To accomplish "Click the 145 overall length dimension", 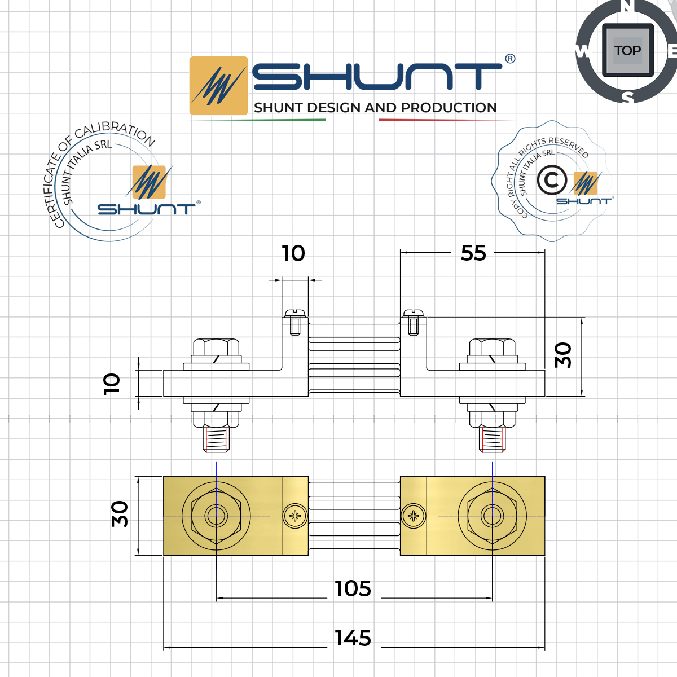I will pyautogui.click(x=353, y=638).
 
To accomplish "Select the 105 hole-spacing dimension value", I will pyautogui.click(x=353, y=588).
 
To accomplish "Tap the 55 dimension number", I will pyautogui.click(x=473, y=253).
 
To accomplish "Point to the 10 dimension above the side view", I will pyautogui.click(x=293, y=253).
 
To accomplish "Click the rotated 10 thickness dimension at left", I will pyautogui.click(x=112, y=384).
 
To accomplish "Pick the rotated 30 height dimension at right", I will pyautogui.click(x=563, y=355).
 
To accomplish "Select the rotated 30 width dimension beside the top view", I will pyautogui.click(x=120, y=514).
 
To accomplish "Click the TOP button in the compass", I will pyautogui.click(x=627, y=51).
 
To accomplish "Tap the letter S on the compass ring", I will pyautogui.click(x=628, y=98).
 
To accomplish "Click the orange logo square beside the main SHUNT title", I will pyautogui.click(x=218, y=86).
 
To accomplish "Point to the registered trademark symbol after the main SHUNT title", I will pyautogui.click(x=510, y=59).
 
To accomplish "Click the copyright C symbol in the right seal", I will pyautogui.click(x=551, y=181).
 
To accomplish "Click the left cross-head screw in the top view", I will pyautogui.click(x=296, y=515).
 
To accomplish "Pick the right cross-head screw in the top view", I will pyautogui.click(x=414, y=515).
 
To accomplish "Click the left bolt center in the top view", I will pyautogui.click(x=216, y=515).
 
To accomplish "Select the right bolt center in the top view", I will pyautogui.click(x=492, y=515).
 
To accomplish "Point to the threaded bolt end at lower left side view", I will pyautogui.click(x=216, y=439).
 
